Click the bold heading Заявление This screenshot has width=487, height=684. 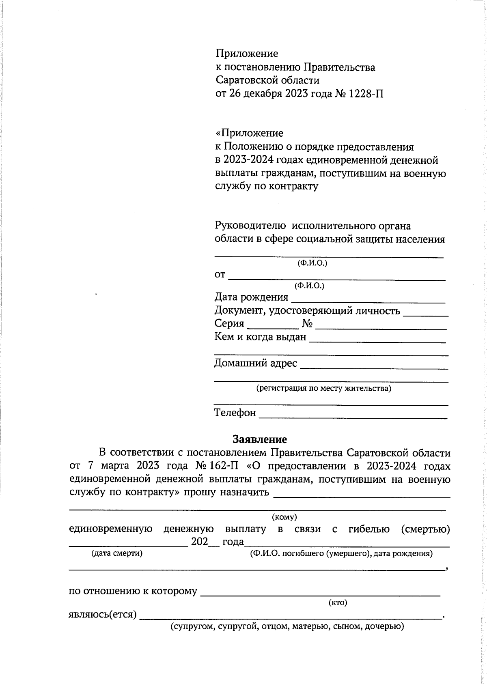click(x=260, y=439)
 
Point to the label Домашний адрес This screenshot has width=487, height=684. click(x=255, y=363)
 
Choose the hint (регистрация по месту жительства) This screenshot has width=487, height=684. click(x=323, y=388)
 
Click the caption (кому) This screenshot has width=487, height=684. click(x=284, y=517)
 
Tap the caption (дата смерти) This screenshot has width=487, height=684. click(x=117, y=553)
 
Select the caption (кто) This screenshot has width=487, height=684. click(x=338, y=602)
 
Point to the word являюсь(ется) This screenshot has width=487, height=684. click(x=102, y=614)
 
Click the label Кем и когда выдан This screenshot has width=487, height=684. click(x=260, y=337)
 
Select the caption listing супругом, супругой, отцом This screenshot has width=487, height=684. click(x=287, y=626)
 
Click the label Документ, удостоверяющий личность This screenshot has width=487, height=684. click(x=307, y=311)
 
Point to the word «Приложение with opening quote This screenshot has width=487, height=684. click(x=249, y=133)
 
